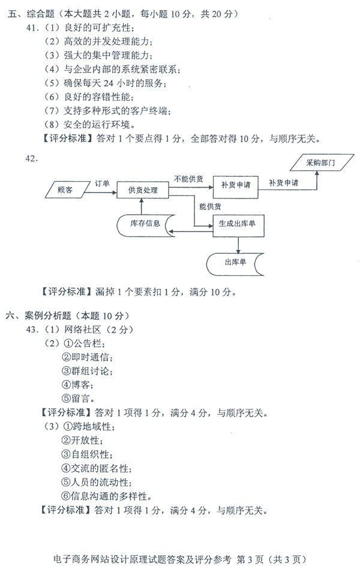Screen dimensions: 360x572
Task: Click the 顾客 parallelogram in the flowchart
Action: (x=68, y=189)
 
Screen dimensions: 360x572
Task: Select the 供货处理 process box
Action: (x=143, y=190)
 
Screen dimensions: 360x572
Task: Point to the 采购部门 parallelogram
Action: (x=322, y=162)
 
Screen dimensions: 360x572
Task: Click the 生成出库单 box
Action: (x=238, y=226)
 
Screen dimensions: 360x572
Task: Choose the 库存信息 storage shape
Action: (x=146, y=225)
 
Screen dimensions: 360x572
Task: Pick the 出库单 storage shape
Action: (x=235, y=264)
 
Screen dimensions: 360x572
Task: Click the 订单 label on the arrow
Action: (x=102, y=183)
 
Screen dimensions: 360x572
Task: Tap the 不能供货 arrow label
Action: (x=188, y=179)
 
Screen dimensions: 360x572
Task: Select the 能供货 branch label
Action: (x=210, y=206)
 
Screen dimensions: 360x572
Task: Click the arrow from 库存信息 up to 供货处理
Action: (x=142, y=206)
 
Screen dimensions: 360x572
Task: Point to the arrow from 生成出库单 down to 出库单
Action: (x=238, y=245)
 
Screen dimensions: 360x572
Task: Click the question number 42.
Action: (x=32, y=158)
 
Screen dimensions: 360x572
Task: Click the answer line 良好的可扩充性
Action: (x=97, y=28)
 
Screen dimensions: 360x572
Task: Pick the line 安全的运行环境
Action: (x=97, y=124)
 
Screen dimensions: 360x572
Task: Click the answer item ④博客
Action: (x=76, y=385)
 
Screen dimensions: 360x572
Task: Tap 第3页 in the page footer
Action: (x=250, y=559)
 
